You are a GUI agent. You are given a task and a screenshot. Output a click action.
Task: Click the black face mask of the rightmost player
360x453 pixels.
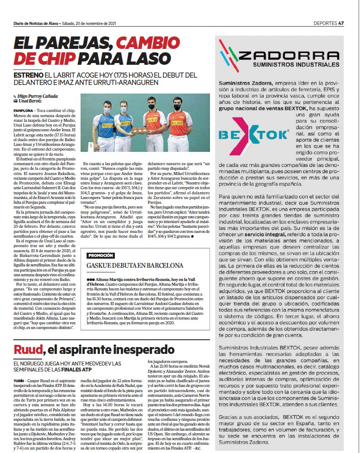point(177,107)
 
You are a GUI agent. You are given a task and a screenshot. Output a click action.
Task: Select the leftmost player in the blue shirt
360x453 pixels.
point(103,127)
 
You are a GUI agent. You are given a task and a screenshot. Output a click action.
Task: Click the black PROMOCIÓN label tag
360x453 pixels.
point(101,255)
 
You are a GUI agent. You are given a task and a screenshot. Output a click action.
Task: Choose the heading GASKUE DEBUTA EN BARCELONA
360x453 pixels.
point(135,266)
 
